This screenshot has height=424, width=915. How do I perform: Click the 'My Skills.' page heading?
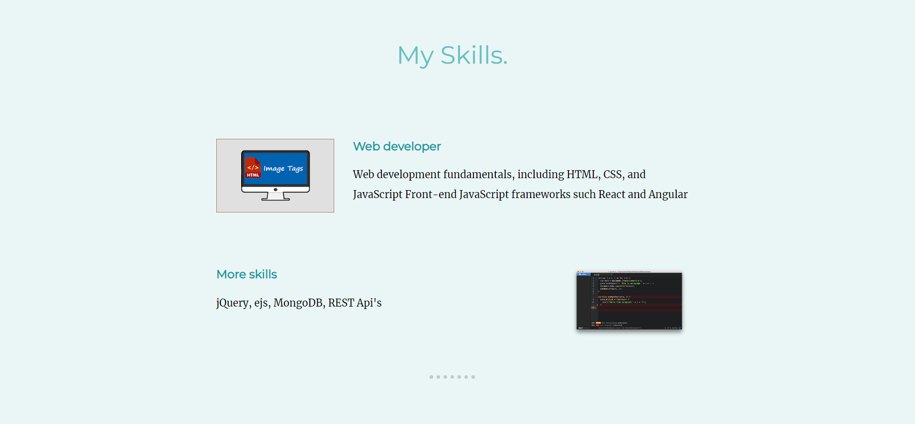[452, 55]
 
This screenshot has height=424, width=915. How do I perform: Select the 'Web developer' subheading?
[396, 146]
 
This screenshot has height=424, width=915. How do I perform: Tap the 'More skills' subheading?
[247, 274]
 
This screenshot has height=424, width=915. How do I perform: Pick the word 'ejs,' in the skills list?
[263, 303]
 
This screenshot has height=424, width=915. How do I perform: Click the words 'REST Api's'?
[355, 303]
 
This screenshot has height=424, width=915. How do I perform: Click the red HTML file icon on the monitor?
[253, 168]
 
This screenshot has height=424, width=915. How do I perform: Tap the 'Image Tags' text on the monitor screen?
[283, 169]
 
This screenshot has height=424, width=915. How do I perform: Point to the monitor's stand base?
[275, 198]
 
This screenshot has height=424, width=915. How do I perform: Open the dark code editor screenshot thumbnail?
[629, 300]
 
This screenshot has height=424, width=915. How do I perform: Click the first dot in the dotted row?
[431, 377]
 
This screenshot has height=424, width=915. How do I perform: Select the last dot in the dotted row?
[473, 377]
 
